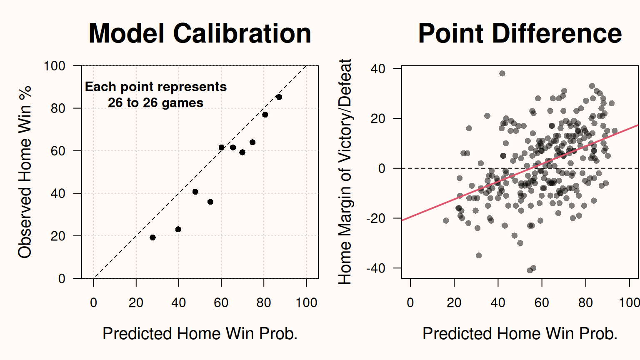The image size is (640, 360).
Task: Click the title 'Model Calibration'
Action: [x=200, y=33]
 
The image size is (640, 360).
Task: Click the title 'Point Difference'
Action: [x=520, y=33]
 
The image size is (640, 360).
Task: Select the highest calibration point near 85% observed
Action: [x=279, y=97]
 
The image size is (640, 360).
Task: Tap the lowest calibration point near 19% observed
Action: [x=152, y=237]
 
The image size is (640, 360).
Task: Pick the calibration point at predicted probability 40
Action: [x=178, y=229]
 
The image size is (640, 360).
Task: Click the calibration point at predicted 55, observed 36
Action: [x=210, y=202]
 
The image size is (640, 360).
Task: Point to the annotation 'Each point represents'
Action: [x=156, y=87]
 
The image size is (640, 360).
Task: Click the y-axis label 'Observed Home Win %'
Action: [x=25, y=172]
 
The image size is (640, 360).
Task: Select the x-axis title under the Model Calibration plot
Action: [x=200, y=333]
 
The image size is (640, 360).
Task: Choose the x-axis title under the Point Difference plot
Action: [x=520, y=333]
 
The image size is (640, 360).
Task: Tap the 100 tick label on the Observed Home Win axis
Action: [x=54, y=66]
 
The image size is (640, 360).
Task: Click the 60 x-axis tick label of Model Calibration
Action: [x=221, y=302]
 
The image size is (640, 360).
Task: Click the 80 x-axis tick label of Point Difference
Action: [x=586, y=302]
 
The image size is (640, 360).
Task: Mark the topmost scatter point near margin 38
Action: [x=502, y=73]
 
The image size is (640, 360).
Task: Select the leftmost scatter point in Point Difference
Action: [x=446, y=220]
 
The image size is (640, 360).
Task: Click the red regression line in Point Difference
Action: [x=520, y=173]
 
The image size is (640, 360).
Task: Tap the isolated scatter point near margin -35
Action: [x=479, y=255]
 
